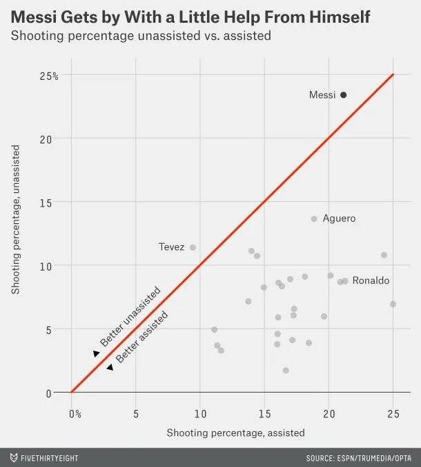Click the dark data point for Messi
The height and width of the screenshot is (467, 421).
343,95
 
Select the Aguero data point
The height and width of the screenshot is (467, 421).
314,219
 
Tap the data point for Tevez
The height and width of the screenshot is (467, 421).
193,247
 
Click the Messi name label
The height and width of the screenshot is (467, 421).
322,95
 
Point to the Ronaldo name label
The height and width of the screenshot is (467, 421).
371,281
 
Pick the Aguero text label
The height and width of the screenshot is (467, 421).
339,219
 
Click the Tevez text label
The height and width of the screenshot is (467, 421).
171,247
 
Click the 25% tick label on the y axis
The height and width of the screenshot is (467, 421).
49,76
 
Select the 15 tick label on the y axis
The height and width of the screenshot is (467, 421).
52,203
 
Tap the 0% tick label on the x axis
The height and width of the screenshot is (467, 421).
75,414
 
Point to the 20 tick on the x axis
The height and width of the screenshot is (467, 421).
329,414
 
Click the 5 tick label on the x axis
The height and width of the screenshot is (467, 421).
136,414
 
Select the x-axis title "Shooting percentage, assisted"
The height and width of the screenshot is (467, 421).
235,433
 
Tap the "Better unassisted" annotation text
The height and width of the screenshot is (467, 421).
130,317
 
